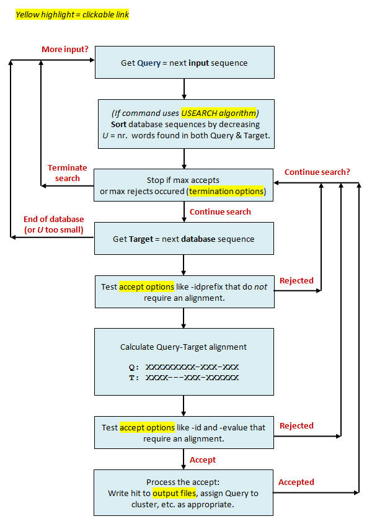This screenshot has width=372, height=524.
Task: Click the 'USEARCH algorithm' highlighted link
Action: [x=219, y=113]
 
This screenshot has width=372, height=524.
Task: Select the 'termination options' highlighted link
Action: [x=226, y=191]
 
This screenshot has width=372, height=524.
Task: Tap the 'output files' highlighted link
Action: [x=174, y=493]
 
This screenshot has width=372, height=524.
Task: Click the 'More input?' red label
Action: [x=65, y=50]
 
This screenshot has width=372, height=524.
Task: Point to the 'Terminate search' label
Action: [x=67, y=173]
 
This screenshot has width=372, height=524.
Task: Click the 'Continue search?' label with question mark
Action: [x=317, y=172]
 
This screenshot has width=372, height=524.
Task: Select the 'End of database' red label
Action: [x=53, y=220]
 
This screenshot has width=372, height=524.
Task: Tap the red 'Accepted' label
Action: [x=296, y=482]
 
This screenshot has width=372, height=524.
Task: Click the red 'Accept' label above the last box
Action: [x=203, y=460]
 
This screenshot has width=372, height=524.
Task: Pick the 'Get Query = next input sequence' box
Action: [x=185, y=63]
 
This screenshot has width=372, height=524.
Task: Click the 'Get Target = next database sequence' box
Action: [x=184, y=239]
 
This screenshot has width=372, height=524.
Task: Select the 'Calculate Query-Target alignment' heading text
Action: [x=184, y=347]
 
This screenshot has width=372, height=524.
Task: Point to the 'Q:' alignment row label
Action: [x=134, y=367]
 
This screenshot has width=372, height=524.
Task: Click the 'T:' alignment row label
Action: [x=134, y=378]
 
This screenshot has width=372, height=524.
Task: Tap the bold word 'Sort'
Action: [x=118, y=124]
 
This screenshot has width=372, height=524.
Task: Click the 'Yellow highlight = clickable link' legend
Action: [x=72, y=15]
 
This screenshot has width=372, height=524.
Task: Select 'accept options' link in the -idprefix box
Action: [x=146, y=286]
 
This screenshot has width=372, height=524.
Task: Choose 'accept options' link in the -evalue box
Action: [x=147, y=427]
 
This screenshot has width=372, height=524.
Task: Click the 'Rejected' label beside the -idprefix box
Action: [x=296, y=281]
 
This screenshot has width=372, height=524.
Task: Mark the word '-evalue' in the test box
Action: [x=234, y=427]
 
